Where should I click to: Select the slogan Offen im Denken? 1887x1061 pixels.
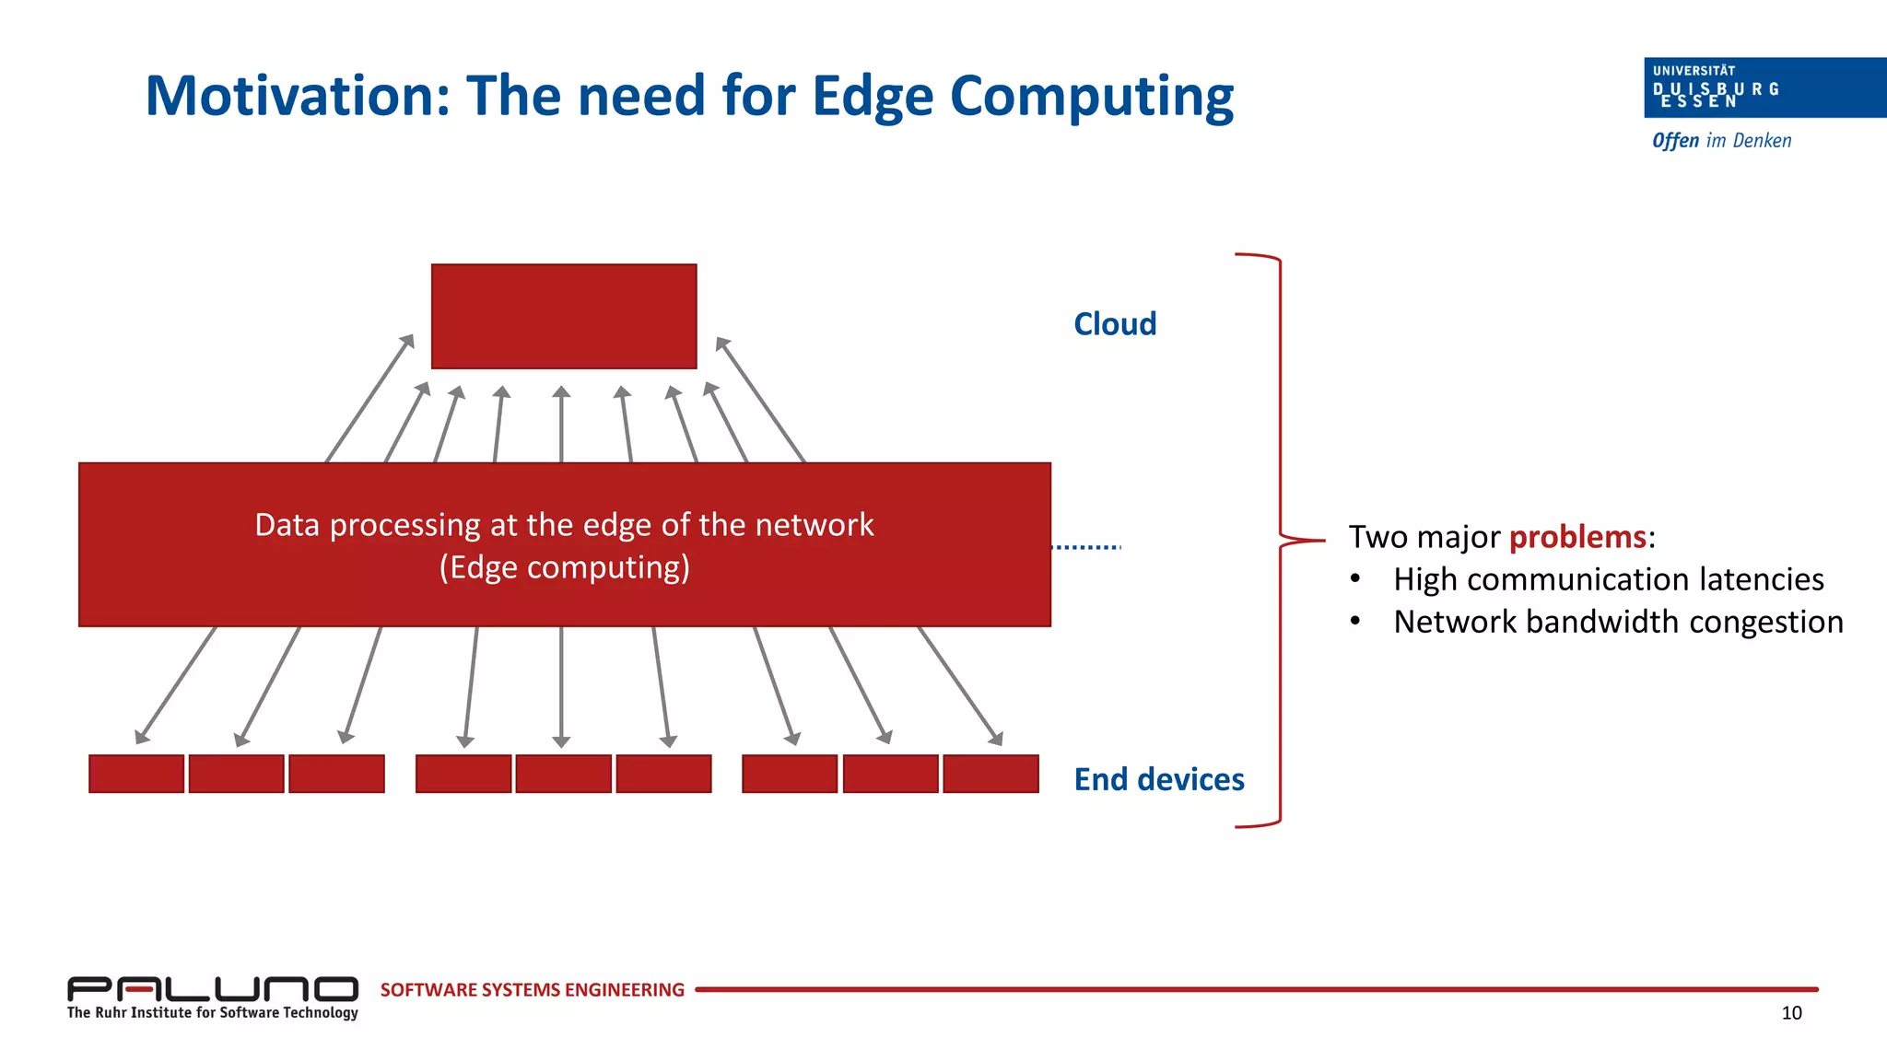[x=1721, y=141]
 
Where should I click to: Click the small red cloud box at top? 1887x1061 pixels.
[x=564, y=316]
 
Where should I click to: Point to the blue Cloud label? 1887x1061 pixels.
[x=1115, y=324]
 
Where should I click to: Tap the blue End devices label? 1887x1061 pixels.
[x=1159, y=779]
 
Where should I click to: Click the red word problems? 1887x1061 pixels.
[x=1577, y=536]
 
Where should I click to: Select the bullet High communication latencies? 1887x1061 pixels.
[x=1608, y=579]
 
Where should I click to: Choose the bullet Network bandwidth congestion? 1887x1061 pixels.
[x=1618, y=622]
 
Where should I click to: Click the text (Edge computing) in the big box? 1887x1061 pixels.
[x=564, y=567]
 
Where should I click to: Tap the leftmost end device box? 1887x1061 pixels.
[x=136, y=774]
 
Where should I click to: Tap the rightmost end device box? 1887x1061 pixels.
[x=990, y=774]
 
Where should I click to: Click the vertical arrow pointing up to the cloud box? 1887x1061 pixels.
[x=561, y=424]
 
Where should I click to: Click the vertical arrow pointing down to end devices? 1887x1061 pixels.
[x=561, y=686]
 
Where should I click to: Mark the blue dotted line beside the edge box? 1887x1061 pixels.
[x=1086, y=547]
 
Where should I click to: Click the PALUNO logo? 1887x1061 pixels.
[x=212, y=989]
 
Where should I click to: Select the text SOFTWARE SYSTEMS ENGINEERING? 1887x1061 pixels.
[x=533, y=990]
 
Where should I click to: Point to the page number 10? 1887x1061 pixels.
[x=1791, y=1013]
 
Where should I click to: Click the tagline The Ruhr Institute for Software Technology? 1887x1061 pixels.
[x=212, y=1012]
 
